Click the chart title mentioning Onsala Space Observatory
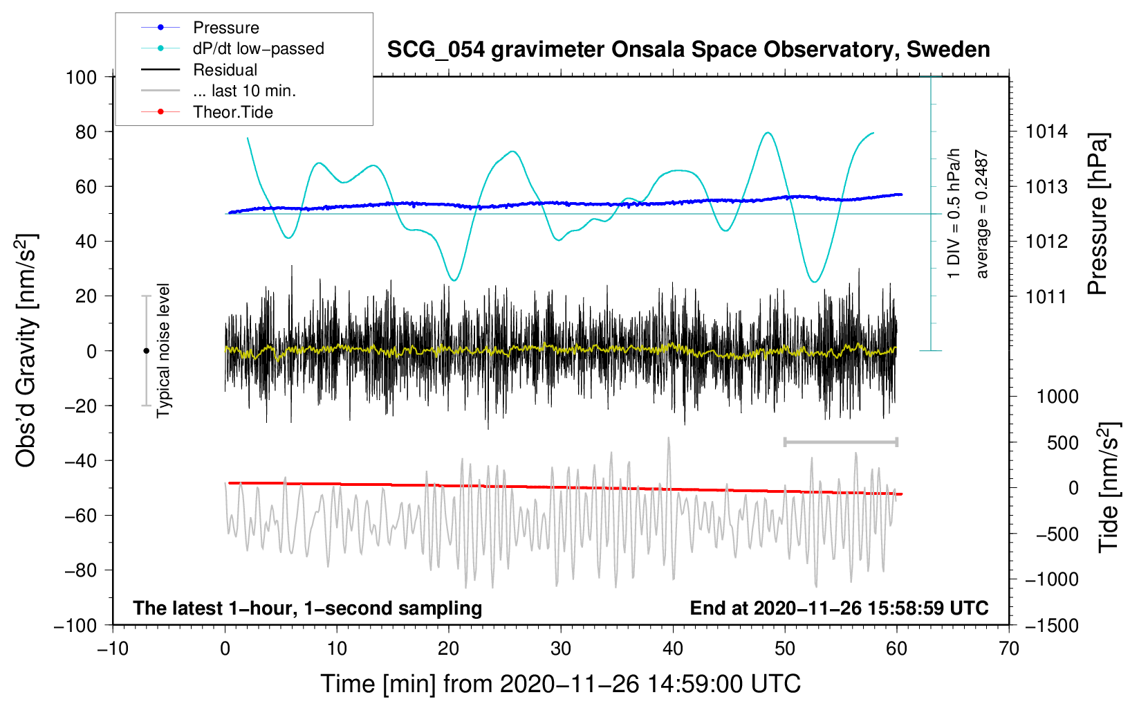(x=688, y=50)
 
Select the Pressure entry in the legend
(x=225, y=28)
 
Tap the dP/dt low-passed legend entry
(x=258, y=48)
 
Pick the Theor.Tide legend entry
(x=232, y=112)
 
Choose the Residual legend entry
(x=225, y=70)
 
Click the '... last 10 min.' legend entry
(x=244, y=91)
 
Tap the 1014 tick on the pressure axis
(x=1046, y=132)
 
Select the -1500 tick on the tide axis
(x=1051, y=625)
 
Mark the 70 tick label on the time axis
(x=1009, y=649)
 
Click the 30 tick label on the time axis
(x=561, y=649)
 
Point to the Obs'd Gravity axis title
(x=26, y=351)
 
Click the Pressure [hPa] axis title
(x=1098, y=215)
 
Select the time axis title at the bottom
(x=561, y=684)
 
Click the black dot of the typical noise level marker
(x=146, y=351)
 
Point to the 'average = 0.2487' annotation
(x=982, y=215)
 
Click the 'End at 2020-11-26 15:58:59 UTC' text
(x=839, y=608)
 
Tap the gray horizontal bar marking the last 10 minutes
(x=840, y=442)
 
